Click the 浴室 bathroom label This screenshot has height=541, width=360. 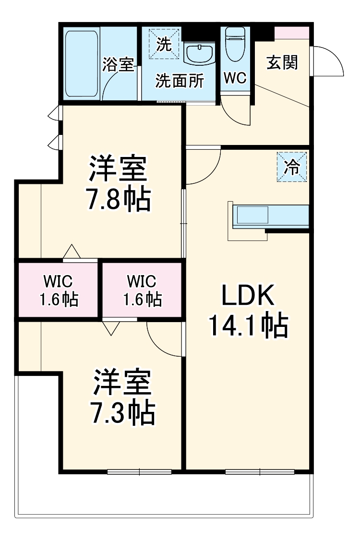click(x=118, y=64)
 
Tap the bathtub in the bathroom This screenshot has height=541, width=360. click(x=81, y=62)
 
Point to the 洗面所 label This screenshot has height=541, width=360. click(x=179, y=81)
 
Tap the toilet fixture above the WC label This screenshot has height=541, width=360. click(x=235, y=43)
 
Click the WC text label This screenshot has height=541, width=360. click(x=235, y=78)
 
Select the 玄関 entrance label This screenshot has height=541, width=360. click(x=282, y=62)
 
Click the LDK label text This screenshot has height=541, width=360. click(x=248, y=296)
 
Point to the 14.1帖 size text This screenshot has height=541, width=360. click(x=248, y=326)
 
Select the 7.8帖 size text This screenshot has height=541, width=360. click(x=118, y=200)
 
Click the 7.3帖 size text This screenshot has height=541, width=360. click(x=122, y=412)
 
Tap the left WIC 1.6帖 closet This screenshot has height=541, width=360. click(x=58, y=290)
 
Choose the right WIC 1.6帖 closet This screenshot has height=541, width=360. click(x=142, y=290)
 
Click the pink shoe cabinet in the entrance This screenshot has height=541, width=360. click(x=292, y=33)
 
